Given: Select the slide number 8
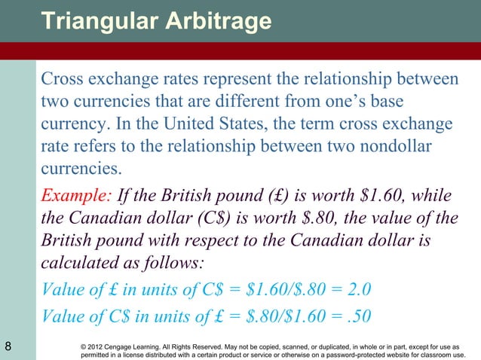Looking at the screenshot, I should tap(8, 346).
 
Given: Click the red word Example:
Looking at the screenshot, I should tap(76, 197).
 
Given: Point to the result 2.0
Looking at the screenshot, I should tap(358, 291).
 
